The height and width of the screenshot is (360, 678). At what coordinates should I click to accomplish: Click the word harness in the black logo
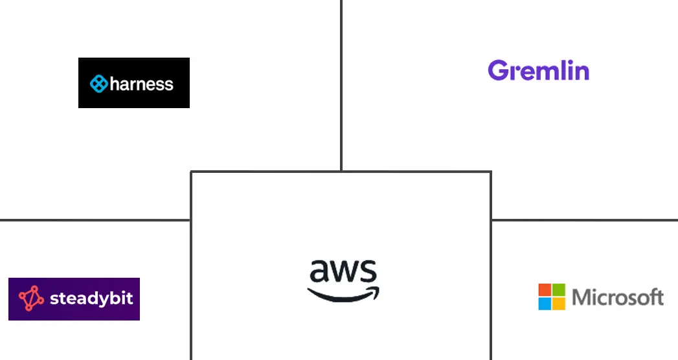(x=142, y=84)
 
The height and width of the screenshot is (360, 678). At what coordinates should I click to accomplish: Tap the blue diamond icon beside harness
(x=99, y=84)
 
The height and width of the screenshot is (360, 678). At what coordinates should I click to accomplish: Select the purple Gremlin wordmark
(x=538, y=71)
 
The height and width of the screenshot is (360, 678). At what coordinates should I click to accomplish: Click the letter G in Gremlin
(x=499, y=71)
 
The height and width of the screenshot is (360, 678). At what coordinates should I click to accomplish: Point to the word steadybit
(x=91, y=299)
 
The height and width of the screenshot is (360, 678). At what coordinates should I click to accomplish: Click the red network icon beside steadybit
(x=31, y=298)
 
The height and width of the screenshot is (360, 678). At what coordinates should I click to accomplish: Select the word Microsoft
(x=618, y=298)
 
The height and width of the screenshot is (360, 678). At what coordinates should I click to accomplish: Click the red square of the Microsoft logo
(x=545, y=289)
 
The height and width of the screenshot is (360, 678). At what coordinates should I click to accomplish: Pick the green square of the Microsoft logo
(x=559, y=289)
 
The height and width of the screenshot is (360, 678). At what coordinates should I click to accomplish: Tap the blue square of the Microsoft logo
(x=545, y=304)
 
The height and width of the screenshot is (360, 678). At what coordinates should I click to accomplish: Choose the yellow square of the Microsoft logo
(x=559, y=304)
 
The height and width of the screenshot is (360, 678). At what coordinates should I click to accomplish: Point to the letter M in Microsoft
(x=582, y=298)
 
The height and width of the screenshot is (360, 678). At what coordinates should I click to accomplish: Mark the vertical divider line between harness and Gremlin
(x=341, y=84)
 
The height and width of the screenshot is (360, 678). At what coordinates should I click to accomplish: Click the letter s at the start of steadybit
(x=54, y=300)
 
